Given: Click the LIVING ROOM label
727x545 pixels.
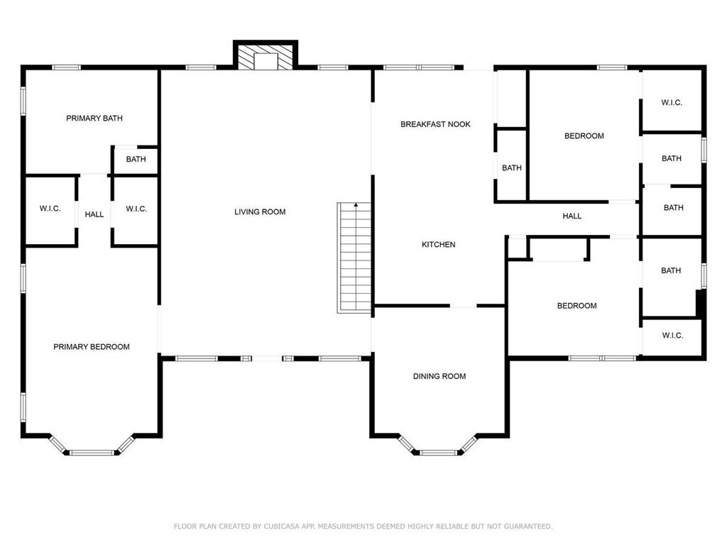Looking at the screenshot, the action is [x=260, y=211].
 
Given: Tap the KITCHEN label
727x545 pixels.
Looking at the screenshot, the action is [x=438, y=244].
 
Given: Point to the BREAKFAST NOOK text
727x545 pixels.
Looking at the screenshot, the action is [x=435, y=124].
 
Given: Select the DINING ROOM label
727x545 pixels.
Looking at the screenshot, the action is [x=439, y=376].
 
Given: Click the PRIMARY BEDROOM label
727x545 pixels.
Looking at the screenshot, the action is [x=92, y=346].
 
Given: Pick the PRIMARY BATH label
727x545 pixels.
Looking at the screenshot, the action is [x=94, y=119].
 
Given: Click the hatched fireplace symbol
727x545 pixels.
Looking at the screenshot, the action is [x=266, y=57].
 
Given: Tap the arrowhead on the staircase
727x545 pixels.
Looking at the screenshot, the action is [x=356, y=204].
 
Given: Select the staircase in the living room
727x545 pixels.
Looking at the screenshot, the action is [x=354, y=258].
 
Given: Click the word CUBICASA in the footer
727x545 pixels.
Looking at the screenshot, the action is [x=281, y=526].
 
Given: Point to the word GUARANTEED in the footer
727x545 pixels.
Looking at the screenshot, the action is [x=528, y=526].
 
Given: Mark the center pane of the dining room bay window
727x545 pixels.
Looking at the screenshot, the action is [x=438, y=453].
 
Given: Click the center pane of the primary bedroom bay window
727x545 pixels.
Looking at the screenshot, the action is [x=92, y=453].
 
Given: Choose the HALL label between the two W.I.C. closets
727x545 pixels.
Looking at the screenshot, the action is [x=94, y=214].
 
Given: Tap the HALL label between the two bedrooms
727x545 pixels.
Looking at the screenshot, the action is [x=572, y=216].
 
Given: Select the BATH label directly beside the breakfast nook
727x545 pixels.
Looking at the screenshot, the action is [x=512, y=167].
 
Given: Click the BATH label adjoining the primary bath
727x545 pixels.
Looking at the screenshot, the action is [x=136, y=159].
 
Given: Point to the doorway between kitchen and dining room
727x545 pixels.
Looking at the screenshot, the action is [x=463, y=306].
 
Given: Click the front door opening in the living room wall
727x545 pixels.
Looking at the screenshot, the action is [x=267, y=358].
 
